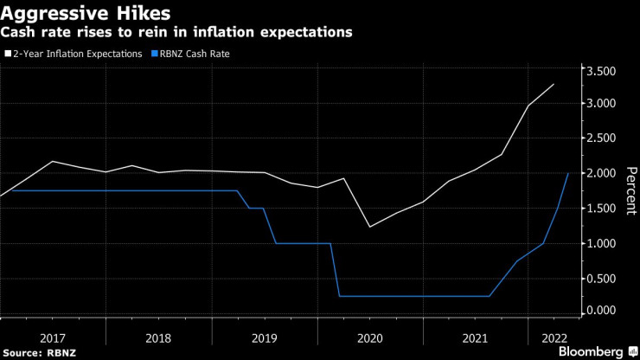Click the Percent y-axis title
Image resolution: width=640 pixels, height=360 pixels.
(x=631, y=190)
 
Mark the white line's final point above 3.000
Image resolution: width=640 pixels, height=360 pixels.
(x=554, y=84)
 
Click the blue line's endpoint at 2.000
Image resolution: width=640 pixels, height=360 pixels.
(x=568, y=173)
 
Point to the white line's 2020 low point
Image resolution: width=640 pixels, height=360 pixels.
(x=370, y=227)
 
